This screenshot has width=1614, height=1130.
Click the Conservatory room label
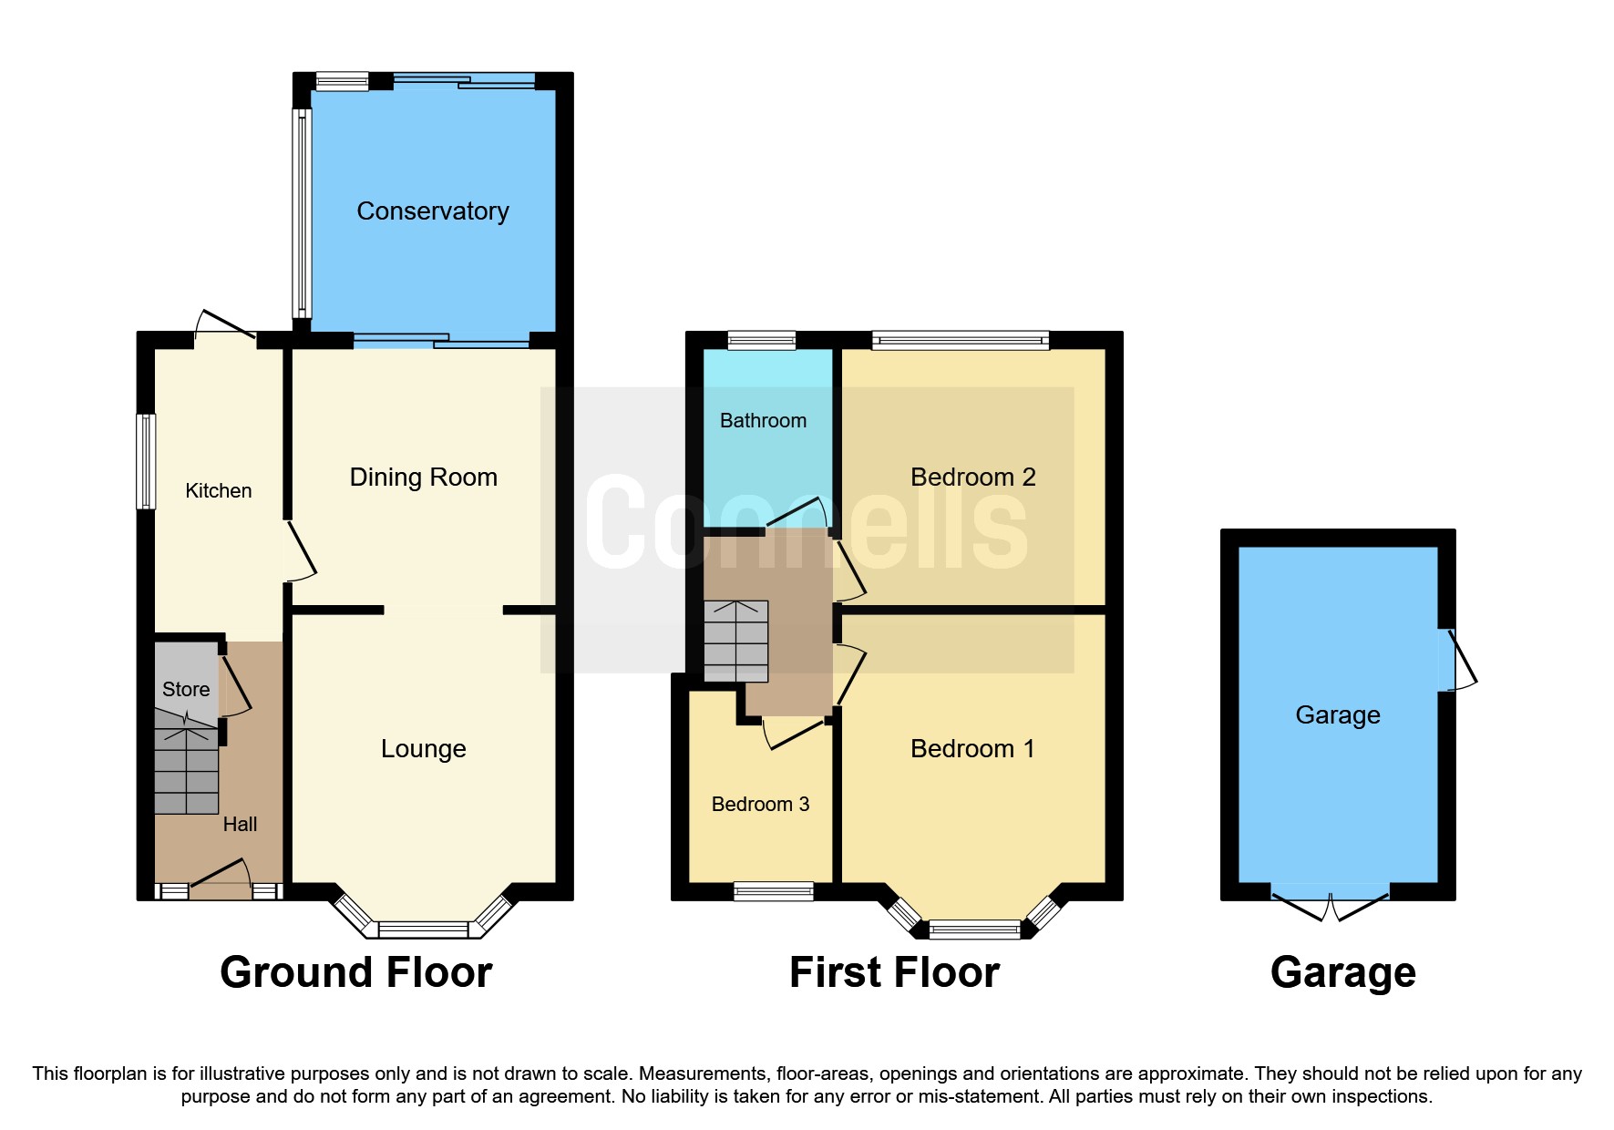tap(432, 211)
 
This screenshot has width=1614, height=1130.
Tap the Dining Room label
tap(423, 478)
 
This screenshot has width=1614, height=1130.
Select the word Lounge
tap(423, 749)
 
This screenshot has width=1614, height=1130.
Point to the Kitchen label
tap(218, 491)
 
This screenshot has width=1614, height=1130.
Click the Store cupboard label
tap(186, 690)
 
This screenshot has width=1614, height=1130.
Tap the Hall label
tap(240, 825)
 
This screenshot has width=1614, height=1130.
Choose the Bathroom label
tap(763, 421)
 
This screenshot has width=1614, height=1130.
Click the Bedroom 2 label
tap(972, 478)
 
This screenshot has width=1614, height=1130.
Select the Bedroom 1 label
tap(972, 749)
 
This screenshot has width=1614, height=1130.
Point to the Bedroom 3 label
tap(760, 805)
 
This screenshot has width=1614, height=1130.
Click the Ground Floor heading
tap(356, 972)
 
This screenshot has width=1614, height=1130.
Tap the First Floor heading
tap(894, 972)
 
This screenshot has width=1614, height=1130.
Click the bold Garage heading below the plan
tap(1342, 972)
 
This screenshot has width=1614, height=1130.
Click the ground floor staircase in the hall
tap(186, 770)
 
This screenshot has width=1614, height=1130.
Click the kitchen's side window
tap(146, 461)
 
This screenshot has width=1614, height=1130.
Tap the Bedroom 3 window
tap(773, 891)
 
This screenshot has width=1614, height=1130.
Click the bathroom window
tap(762, 341)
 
